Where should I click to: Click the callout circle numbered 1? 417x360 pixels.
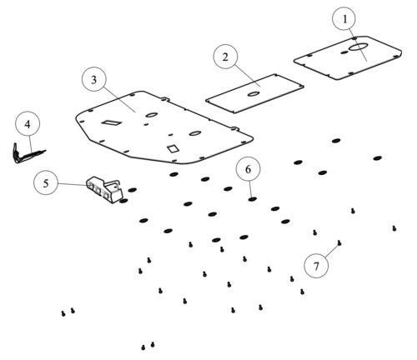[x=344, y=19]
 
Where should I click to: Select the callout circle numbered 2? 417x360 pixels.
[x=225, y=57]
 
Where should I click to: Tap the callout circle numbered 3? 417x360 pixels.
[x=94, y=79]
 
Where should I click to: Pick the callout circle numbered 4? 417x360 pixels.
[x=28, y=124]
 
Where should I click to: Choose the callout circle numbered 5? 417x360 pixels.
[x=46, y=182]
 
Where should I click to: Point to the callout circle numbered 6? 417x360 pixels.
[x=249, y=169]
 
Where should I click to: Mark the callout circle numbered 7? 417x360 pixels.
[x=316, y=266]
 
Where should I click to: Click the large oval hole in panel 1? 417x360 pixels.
[x=359, y=47]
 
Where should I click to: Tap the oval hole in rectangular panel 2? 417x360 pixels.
[x=253, y=94]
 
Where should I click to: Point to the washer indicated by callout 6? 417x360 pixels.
[x=252, y=199]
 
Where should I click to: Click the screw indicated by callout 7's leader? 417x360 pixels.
[x=339, y=243]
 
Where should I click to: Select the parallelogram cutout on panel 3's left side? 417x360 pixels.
[x=111, y=122]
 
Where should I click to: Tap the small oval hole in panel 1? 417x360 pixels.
[x=344, y=52]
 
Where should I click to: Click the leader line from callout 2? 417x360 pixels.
[x=247, y=75]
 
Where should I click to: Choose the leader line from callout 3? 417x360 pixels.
[x=119, y=99]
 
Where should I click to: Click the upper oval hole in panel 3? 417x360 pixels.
[x=152, y=115]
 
